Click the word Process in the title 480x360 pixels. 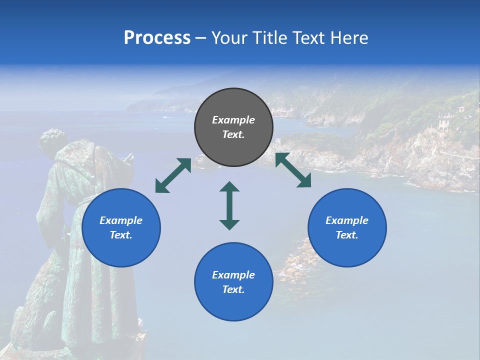[157, 38]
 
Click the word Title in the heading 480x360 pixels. [268, 38]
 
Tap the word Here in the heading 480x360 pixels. [349, 38]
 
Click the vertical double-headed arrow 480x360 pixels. [229, 206]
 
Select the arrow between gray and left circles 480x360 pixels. [173, 175]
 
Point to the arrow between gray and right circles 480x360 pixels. [293, 170]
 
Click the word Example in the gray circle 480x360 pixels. [233, 120]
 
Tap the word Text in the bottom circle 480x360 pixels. [233, 289]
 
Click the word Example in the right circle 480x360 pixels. [347, 220]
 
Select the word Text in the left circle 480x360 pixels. [121, 235]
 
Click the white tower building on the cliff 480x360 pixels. [443, 122]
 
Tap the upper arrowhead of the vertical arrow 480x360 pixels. [229, 187]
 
